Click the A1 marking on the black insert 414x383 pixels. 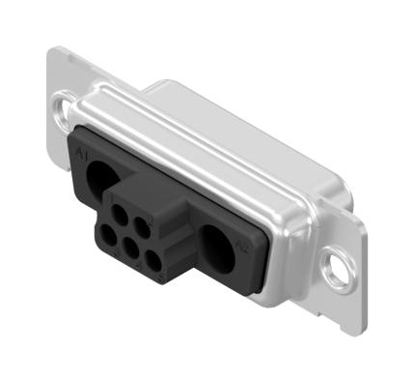click(x=80, y=153)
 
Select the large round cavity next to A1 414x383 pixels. click(x=100, y=178)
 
